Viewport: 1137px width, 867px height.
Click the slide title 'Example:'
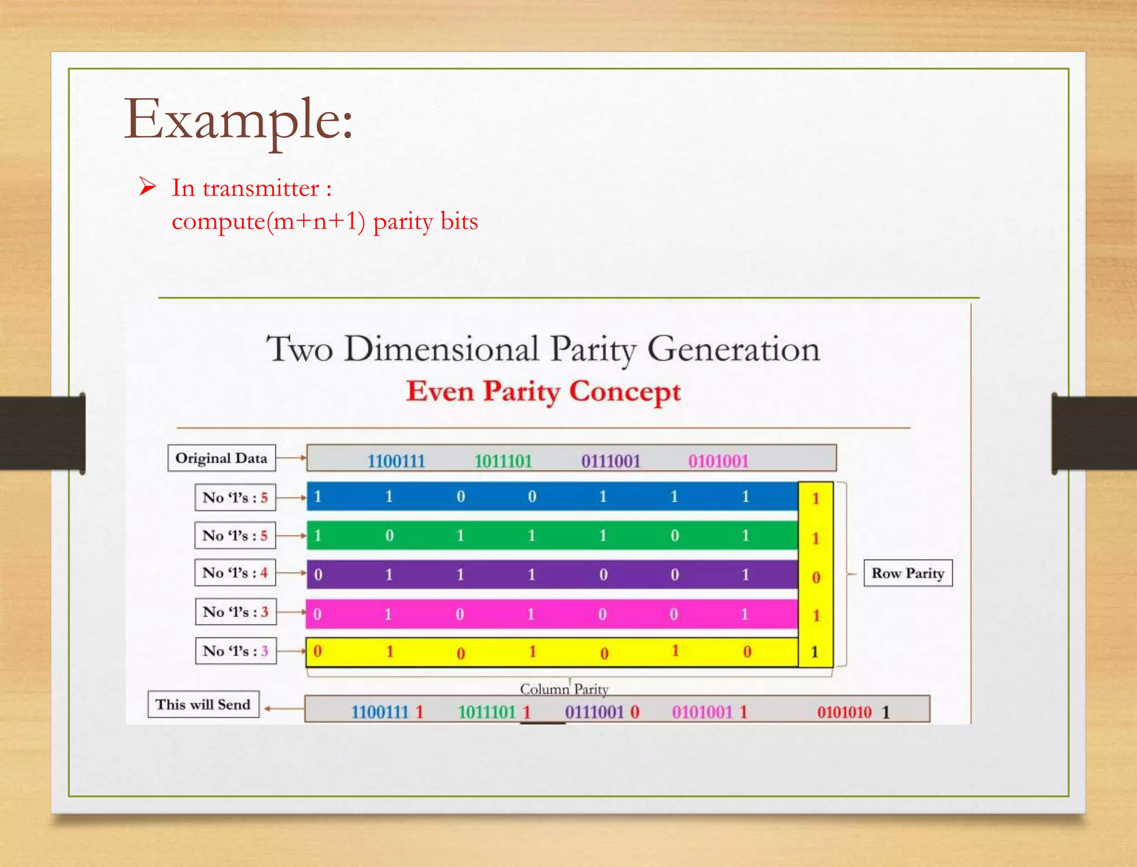(x=238, y=119)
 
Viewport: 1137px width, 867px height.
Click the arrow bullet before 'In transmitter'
(x=148, y=187)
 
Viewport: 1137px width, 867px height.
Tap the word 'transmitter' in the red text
(x=260, y=189)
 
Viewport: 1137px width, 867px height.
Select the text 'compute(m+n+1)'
(x=268, y=222)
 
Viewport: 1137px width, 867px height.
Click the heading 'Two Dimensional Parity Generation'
(x=542, y=349)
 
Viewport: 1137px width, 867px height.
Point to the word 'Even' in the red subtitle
(x=440, y=392)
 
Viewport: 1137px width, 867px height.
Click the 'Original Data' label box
(x=222, y=458)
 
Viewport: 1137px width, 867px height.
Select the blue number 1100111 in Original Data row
(x=396, y=461)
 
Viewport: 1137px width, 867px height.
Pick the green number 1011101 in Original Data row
(x=503, y=461)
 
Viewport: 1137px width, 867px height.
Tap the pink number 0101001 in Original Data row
(x=718, y=461)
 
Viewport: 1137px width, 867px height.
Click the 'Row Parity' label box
(x=908, y=573)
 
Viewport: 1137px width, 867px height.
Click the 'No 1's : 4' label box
(x=235, y=572)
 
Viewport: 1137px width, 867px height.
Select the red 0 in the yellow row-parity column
(x=816, y=577)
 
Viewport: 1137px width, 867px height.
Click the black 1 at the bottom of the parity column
(x=815, y=652)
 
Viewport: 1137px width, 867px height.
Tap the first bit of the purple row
(x=318, y=575)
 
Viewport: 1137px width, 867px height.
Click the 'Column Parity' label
(x=564, y=689)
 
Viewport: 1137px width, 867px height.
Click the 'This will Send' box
(x=203, y=704)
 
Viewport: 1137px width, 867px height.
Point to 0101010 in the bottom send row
(x=844, y=712)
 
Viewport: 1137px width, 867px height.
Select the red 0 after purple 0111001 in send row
(x=635, y=712)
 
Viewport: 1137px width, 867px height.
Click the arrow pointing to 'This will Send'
(x=283, y=708)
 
